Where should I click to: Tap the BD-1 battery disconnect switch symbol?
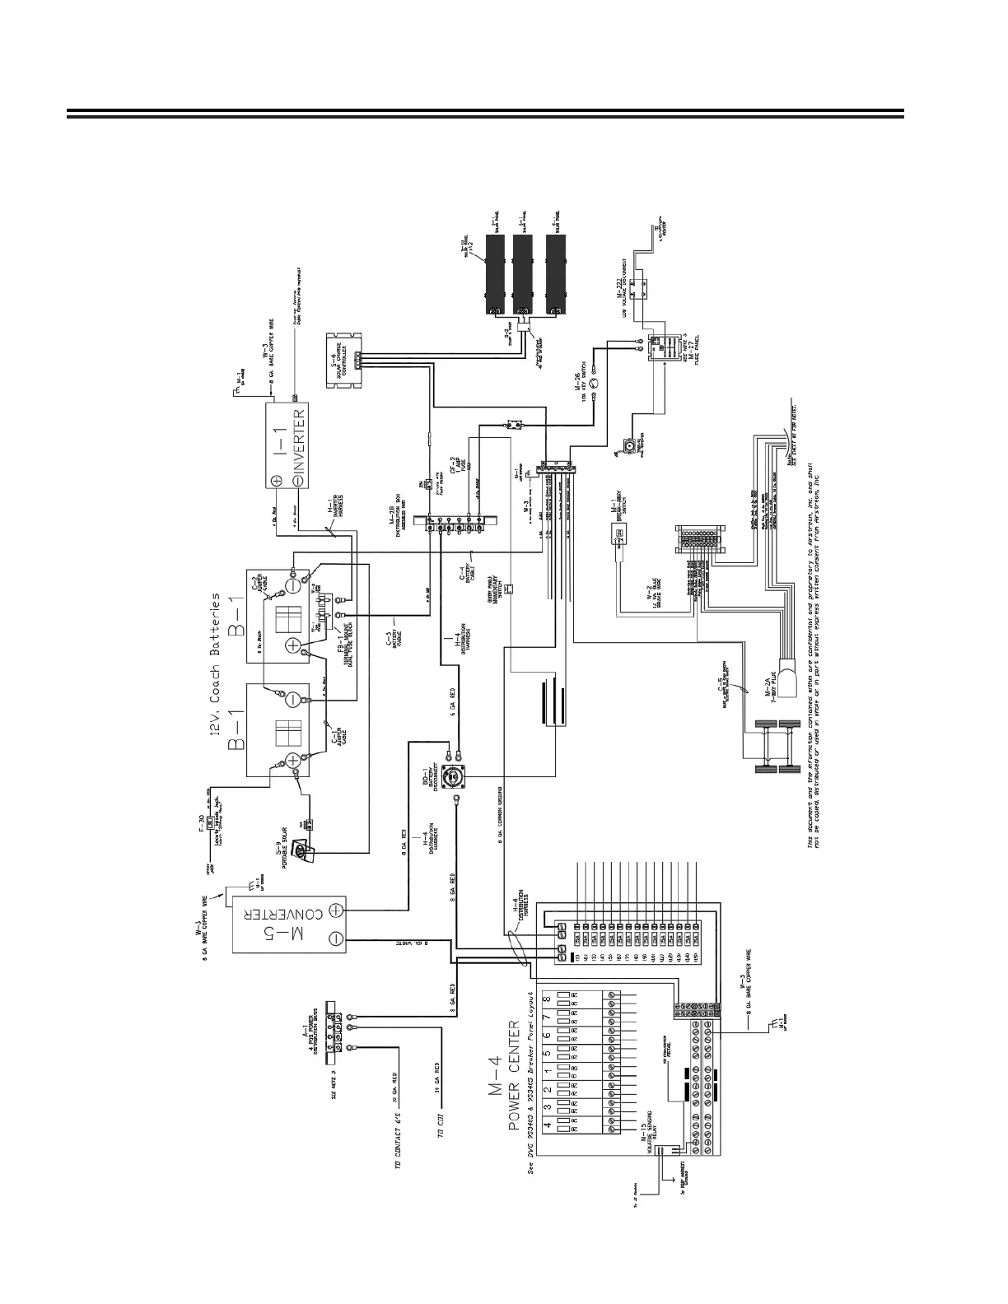[452, 775]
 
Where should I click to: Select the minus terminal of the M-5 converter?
[336, 937]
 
